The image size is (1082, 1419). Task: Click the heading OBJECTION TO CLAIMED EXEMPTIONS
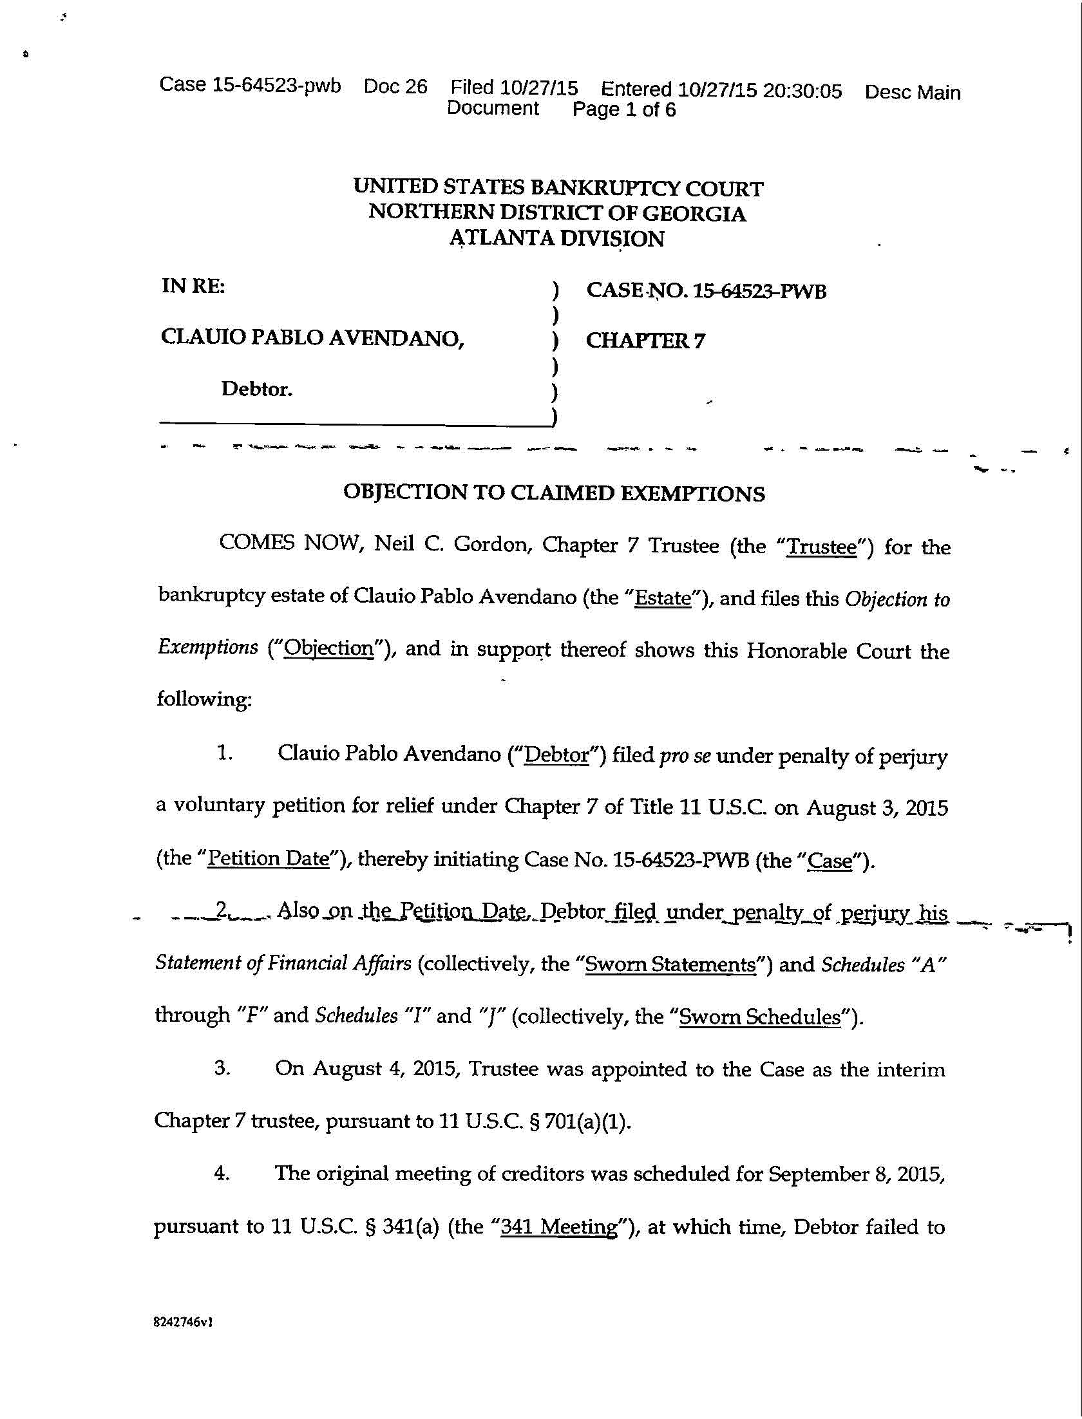[x=554, y=493]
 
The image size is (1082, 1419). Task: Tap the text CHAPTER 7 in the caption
[x=645, y=341]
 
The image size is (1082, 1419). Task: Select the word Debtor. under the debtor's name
[x=257, y=389]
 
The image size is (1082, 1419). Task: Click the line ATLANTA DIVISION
[x=556, y=239]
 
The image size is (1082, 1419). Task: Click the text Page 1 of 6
[x=624, y=109]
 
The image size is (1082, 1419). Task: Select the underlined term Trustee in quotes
[x=822, y=547]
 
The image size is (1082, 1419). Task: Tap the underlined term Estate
[x=663, y=598]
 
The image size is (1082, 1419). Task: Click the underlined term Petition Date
[x=269, y=859]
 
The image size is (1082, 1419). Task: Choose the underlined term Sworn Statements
[x=670, y=964]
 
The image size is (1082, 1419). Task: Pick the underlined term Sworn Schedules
[x=760, y=1017]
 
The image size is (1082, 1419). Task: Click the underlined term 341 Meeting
[x=559, y=1227]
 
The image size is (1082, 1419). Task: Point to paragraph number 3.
[x=222, y=1068]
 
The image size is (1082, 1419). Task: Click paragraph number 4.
[x=222, y=1174]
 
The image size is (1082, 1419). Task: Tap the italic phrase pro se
[x=685, y=755]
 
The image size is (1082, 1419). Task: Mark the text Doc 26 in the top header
[x=395, y=86]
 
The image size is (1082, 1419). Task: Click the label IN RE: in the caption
[x=193, y=286]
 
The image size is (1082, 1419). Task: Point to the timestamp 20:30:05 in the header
[x=802, y=91]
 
